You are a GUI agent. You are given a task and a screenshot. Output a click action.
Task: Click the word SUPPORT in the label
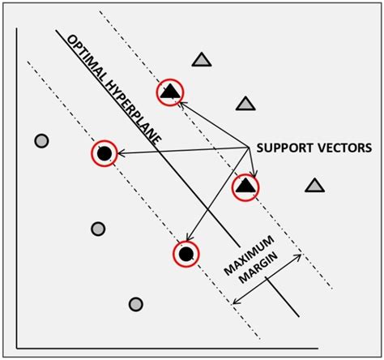[x=283, y=148]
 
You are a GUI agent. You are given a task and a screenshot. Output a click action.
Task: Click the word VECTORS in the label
[x=342, y=148]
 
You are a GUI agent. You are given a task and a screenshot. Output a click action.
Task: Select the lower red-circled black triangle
[x=245, y=188]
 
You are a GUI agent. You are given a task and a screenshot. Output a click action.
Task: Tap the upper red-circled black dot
[x=104, y=152]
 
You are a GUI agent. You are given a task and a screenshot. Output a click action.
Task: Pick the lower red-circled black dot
[x=186, y=255]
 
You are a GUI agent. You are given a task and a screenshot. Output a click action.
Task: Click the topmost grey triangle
[x=201, y=59]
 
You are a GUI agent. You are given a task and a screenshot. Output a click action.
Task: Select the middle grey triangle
[x=244, y=103]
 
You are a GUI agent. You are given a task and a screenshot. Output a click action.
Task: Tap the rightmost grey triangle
[x=314, y=186]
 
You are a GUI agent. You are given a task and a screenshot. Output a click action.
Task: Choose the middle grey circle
[x=98, y=229]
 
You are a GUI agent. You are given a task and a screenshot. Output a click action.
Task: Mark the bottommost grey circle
[x=136, y=304]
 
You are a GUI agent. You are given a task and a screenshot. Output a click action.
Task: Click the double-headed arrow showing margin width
[x=267, y=280]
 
